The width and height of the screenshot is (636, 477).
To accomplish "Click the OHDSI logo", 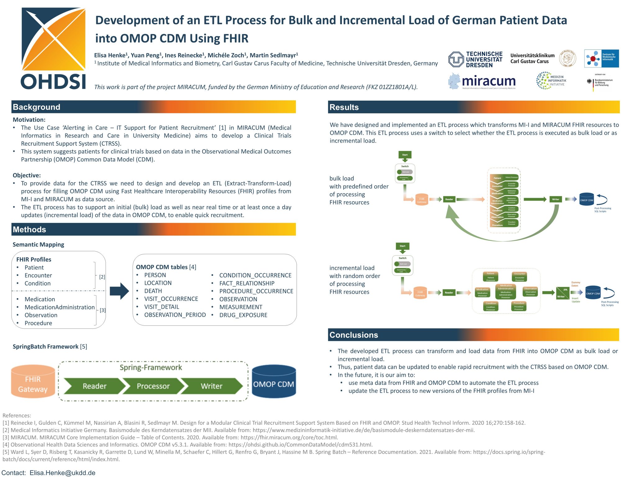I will [x=53, y=49].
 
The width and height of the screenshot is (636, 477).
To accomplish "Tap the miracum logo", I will [x=482, y=81].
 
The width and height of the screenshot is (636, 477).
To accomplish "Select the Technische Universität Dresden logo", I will [x=475, y=59].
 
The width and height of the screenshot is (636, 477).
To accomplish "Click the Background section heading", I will [x=37, y=107].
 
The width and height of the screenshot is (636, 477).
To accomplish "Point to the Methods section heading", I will [x=30, y=229].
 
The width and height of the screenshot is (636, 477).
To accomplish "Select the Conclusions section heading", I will [x=354, y=335].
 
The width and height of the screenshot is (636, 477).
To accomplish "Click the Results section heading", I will [x=344, y=107].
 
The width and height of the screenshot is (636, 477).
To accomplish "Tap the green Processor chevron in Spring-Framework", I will [x=153, y=386].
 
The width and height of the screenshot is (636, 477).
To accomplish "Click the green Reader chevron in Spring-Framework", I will [x=94, y=386].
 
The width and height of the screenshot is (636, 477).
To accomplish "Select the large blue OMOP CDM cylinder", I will [x=274, y=383].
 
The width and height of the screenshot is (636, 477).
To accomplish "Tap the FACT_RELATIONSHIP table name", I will [x=247, y=283].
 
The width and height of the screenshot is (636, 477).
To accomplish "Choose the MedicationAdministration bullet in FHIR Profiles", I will [x=60, y=307].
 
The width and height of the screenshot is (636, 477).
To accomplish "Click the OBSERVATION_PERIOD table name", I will [x=175, y=315].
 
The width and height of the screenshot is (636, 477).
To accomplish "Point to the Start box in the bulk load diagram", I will [x=405, y=155].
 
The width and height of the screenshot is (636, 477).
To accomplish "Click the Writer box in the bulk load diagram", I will [x=556, y=199].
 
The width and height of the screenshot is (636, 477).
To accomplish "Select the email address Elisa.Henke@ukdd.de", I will [x=62, y=473].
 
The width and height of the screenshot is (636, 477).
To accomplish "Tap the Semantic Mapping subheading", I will [x=38, y=245].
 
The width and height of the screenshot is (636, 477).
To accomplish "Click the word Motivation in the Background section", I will [x=29, y=120].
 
